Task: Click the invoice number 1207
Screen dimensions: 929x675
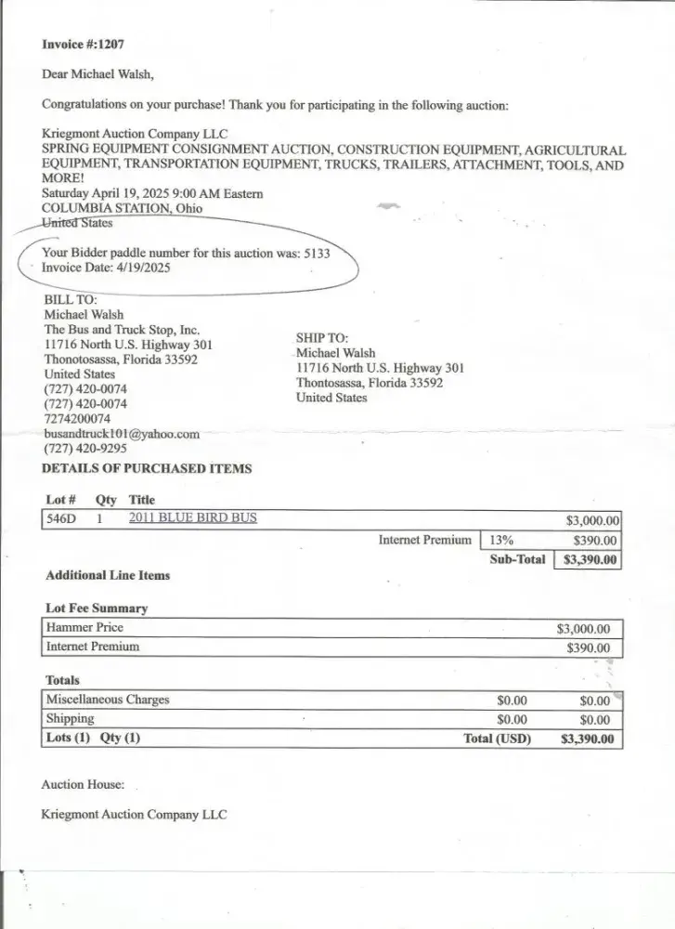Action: tap(110, 44)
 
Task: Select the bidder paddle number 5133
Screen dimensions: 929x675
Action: tap(316, 252)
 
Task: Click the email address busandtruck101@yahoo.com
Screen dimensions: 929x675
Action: tap(122, 434)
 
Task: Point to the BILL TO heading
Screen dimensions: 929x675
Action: tap(71, 300)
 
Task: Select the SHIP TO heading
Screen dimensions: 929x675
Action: tap(322, 338)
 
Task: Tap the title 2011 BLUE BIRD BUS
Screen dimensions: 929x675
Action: tap(192, 518)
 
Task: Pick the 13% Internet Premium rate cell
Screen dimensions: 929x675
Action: tap(501, 540)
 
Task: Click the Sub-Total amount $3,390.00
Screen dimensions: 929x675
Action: tap(588, 560)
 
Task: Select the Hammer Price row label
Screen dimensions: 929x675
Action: tap(84, 628)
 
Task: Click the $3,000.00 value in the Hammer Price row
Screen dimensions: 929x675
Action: tap(583, 629)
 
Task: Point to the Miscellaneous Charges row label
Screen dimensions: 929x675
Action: tap(108, 700)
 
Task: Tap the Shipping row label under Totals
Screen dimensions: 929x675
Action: tap(71, 719)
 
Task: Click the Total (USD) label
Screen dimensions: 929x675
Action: tap(497, 739)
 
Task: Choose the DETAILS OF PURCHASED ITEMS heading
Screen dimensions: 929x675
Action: tap(147, 469)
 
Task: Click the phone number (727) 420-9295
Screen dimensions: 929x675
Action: tap(85, 449)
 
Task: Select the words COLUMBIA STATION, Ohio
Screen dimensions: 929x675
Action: tap(122, 208)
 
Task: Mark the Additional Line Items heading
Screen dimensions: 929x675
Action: tap(108, 575)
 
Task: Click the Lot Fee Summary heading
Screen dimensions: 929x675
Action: tap(97, 608)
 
